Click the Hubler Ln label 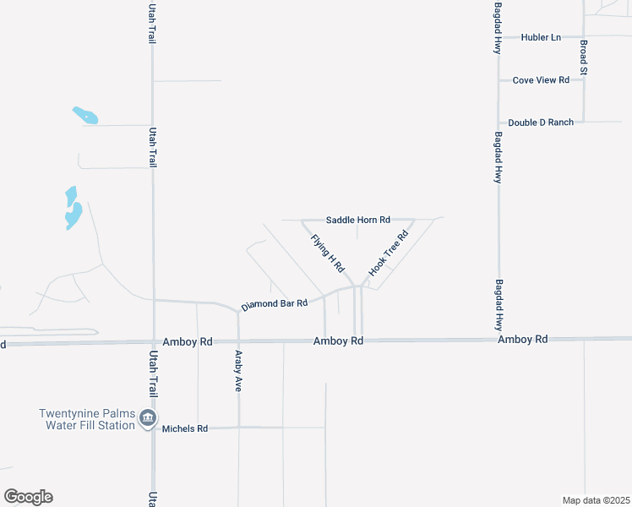[x=541, y=37]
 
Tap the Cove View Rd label [x=541, y=80]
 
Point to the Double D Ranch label [x=541, y=123]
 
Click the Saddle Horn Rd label [x=357, y=220]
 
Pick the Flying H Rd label [x=328, y=253]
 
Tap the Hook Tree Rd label [x=389, y=253]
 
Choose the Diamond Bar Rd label [x=274, y=303]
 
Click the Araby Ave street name [x=239, y=369]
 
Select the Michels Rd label [x=185, y=428]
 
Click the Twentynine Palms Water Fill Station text [x=87, y=419]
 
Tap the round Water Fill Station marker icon [x=148, y=418]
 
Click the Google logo [x=28, y=497]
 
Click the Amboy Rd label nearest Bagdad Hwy [x=522, y=339]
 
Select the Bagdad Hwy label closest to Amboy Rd [x=499, y=305]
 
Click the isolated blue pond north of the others [x=85, y=115]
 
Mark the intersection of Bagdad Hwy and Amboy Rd [x=499, y=340]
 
